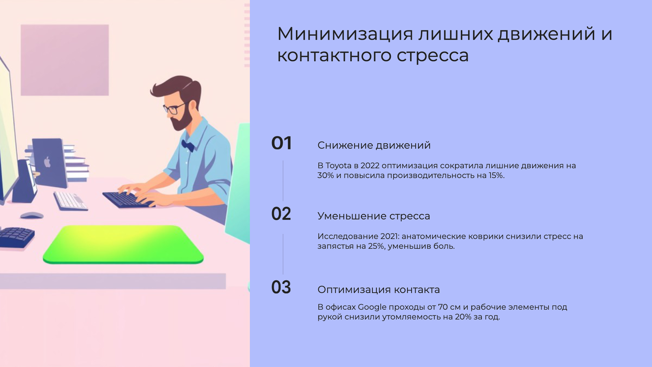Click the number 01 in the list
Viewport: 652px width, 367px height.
[281, 143]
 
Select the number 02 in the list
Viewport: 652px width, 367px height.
[281, 214]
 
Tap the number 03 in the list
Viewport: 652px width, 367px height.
[281, 287]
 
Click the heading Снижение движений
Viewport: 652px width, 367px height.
[374, 145]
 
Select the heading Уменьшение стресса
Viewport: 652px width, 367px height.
[374, 216]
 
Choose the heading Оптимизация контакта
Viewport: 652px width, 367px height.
[378, 290]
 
